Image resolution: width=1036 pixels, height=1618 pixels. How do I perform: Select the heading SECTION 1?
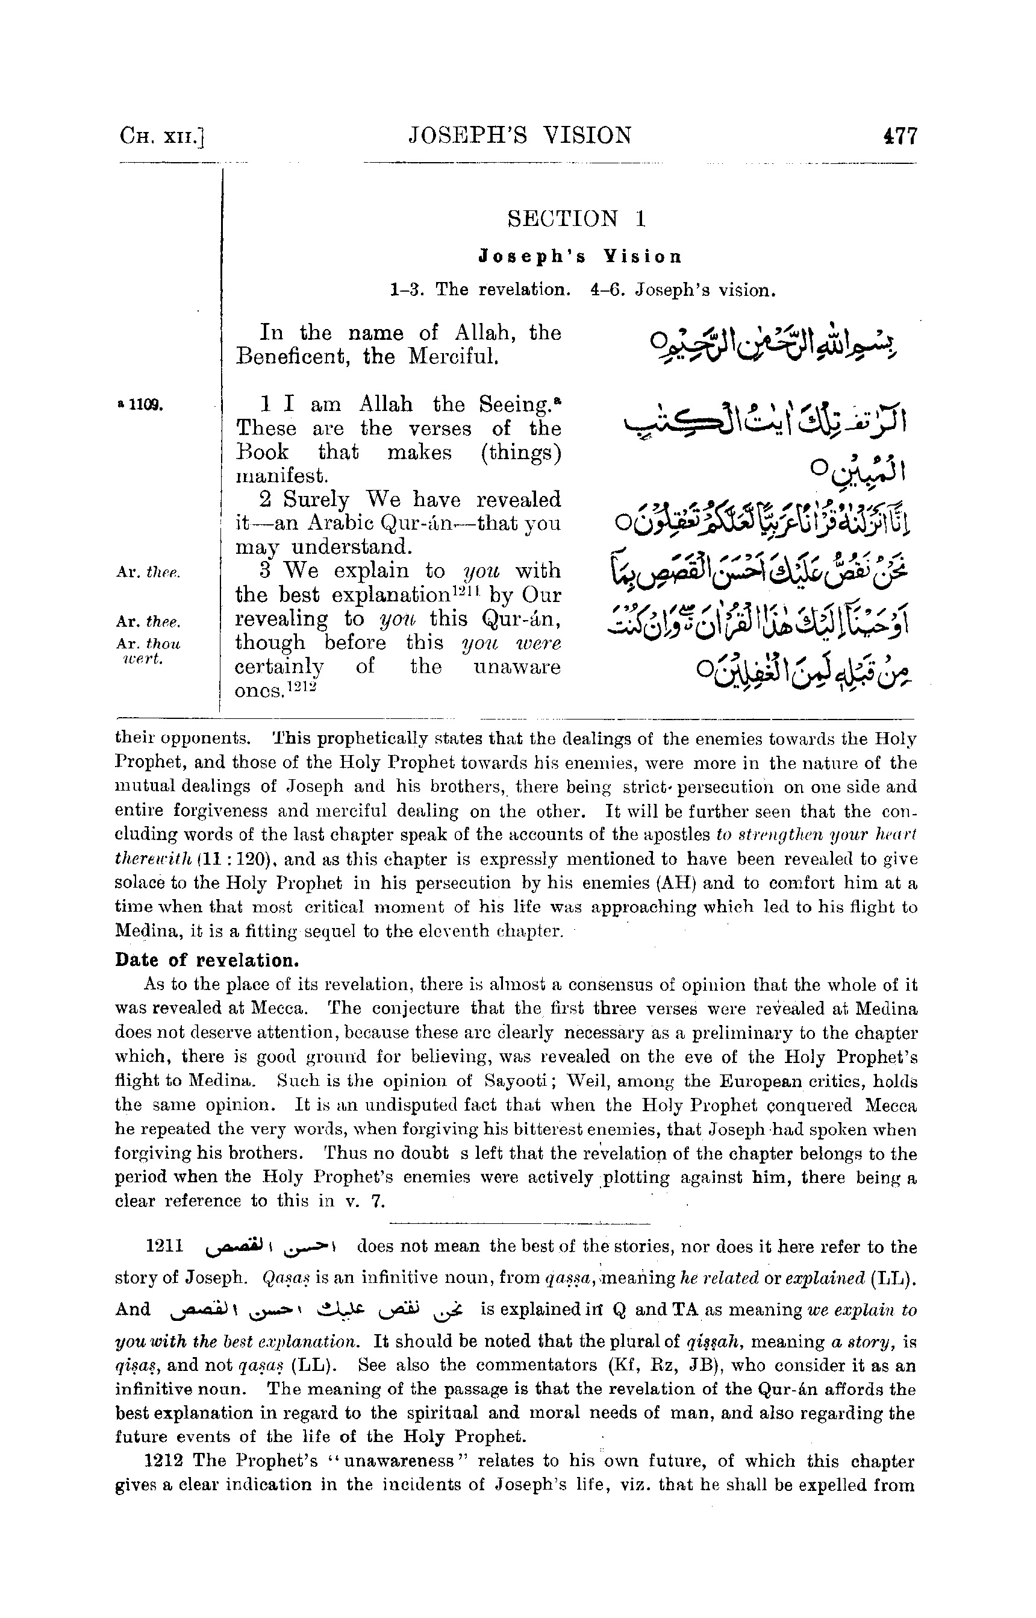[577, 219]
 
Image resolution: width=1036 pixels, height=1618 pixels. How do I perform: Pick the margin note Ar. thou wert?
[148, 651]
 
